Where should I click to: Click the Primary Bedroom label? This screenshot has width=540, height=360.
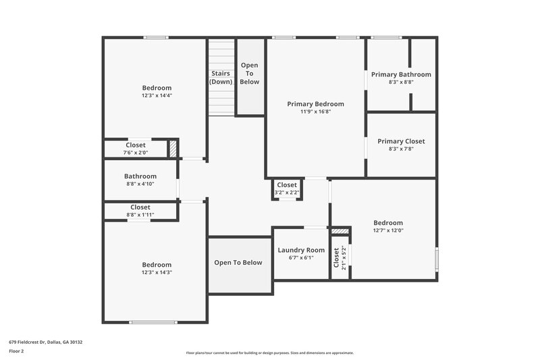coord(315,104)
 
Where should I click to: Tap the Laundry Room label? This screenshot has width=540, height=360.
coord(301,250)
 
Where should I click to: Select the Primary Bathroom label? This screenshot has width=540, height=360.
coord(401,74)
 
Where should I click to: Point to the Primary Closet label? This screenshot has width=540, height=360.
coord(401,141)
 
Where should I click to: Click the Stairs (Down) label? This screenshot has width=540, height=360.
coord(221,77)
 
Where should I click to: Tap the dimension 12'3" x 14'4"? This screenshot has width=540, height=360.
coord(157,96)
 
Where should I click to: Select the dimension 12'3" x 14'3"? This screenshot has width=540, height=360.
coord(157,273)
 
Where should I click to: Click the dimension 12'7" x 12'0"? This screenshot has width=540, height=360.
coord(388,230)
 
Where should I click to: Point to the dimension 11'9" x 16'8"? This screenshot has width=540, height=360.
coord(315,111)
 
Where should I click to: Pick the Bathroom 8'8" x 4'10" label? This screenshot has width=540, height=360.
coord(140,180)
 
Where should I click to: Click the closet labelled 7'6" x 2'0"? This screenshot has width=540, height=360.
coord(136,149)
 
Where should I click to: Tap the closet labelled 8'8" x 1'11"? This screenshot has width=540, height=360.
coord(140,211)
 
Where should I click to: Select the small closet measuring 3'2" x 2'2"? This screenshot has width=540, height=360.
coord(286,188)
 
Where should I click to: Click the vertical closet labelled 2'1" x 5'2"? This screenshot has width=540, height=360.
coord(340,257)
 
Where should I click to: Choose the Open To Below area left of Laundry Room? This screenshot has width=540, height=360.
coord(238,263)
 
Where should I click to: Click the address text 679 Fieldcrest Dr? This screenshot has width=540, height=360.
coord(46,342)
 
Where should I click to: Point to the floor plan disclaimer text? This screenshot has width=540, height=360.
coord(270,353)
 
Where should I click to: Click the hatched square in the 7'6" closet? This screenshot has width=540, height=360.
coord(173,149)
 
